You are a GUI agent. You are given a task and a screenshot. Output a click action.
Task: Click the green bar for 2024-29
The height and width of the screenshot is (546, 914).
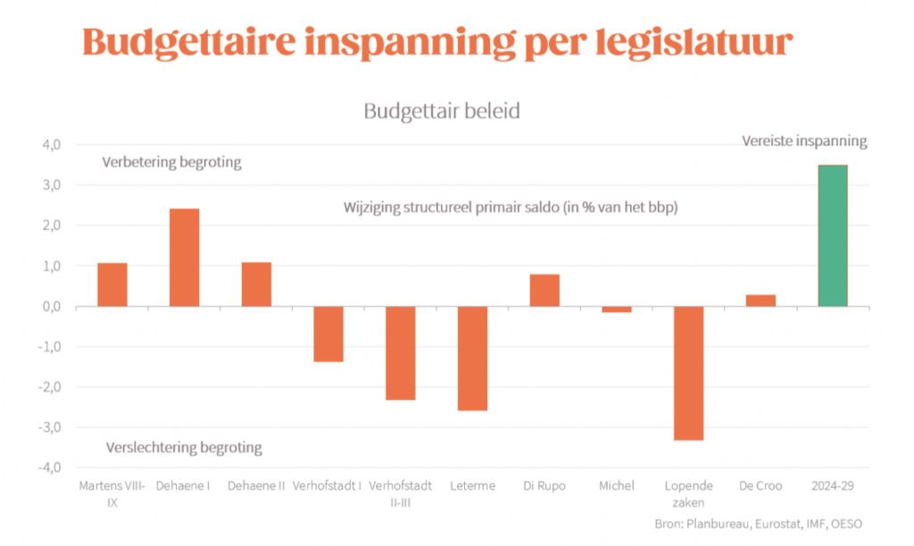click(x=833, y=236)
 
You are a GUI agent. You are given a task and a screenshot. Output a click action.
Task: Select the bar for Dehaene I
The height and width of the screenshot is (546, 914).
click(x=184, y=258)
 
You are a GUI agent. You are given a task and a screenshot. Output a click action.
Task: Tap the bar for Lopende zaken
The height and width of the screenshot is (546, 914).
click(x=688, y=373)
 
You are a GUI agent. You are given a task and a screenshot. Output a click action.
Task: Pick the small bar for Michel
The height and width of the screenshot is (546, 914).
click(x=617, y=310)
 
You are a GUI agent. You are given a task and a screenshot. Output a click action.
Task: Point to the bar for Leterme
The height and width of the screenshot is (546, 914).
click(x=472, y=359)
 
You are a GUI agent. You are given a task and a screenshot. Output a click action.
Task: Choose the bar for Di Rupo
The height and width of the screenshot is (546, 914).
click(x=544, y=290)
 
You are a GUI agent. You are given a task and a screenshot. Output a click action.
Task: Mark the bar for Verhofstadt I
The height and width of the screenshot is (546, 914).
click(x=328, y=334)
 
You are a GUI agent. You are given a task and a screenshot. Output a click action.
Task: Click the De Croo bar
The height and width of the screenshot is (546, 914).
click(x=760, y=301)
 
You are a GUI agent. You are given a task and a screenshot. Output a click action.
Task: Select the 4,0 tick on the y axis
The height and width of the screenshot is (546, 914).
click(x=50, y=145)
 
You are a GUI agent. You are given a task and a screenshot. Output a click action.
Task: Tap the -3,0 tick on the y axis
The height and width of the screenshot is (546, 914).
click(x=48, y=427)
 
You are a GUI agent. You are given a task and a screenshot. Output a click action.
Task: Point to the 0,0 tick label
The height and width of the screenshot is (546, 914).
click(x=50, y=306)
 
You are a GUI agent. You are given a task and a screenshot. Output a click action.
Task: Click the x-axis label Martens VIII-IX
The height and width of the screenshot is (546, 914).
click(x=112, y=493)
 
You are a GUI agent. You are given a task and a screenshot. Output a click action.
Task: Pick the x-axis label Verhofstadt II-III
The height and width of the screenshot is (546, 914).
click(x=400, y=493)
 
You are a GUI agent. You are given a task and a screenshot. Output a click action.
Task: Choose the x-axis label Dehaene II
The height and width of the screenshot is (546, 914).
click(x=256, y=486)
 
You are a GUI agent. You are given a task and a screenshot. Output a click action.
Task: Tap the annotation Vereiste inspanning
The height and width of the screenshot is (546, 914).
click(x=805, y=141)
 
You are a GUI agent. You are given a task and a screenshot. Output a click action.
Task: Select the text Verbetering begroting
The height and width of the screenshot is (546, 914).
click(x=172, y=163)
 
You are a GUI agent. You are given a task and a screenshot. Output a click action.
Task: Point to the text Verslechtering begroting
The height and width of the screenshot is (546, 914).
click(x=184, y=448)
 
